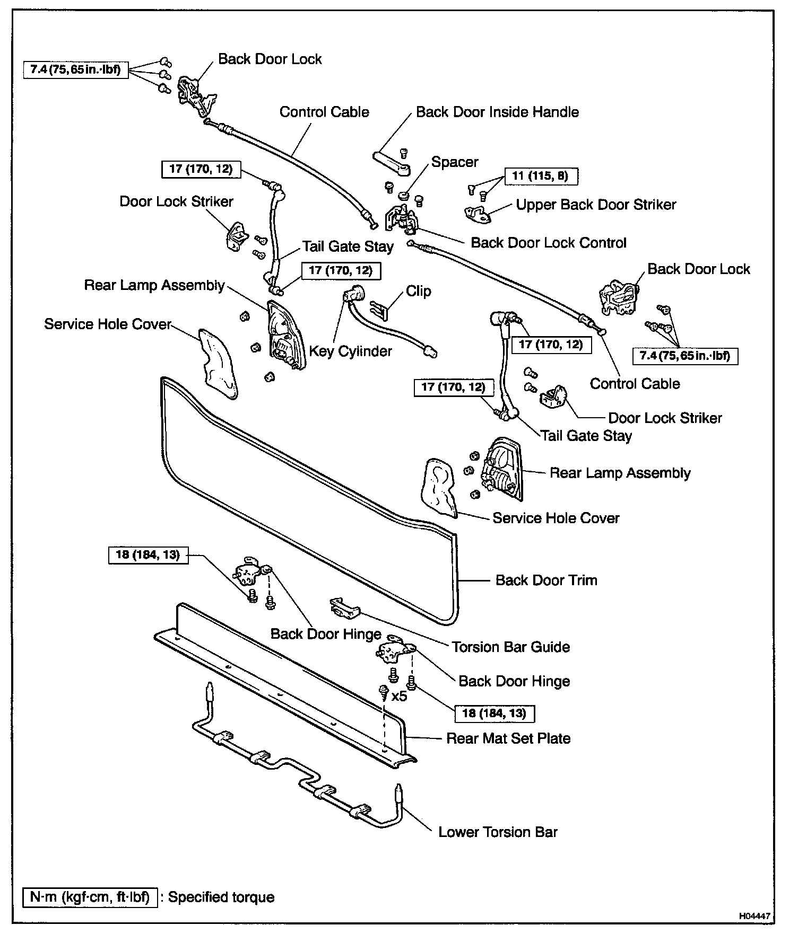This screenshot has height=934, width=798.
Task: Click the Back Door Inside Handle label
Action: [x=497, y=112]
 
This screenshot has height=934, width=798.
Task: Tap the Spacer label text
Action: [x=455, y=162]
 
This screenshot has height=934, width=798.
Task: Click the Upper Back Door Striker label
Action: [x=596, y=205]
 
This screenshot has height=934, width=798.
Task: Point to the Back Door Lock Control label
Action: [x=549, y=243]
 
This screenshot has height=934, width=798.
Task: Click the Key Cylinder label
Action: [x=350, y=351]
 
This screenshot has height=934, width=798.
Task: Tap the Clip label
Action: [x=419, y=292]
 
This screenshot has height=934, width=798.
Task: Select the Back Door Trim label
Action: [x=546, y=580]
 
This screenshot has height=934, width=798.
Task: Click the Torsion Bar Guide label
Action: [x=511, y=647]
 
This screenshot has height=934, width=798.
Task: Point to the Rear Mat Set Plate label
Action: [x=508, y=738]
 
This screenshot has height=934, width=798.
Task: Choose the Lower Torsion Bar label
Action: [x=498, y=832]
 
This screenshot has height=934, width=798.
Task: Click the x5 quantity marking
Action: [x=399, y=696]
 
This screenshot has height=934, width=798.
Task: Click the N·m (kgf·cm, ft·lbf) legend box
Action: [x=90, y=897]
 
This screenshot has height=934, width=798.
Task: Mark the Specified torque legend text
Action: [x=221, y=897]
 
